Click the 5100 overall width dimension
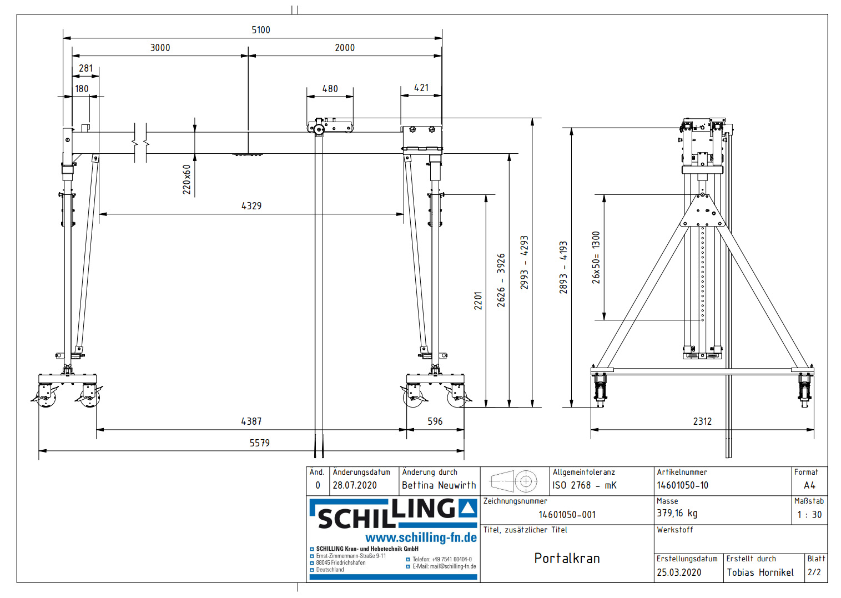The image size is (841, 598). coord(260,30)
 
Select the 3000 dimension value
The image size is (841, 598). coord(160,48)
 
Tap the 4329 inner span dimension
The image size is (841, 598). coord(251,206)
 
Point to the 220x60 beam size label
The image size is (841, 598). coord(187,179)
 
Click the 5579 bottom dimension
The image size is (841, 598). coord(259,443)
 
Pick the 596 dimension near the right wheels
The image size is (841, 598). coord(435,421)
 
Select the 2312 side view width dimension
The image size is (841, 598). coord(702,421)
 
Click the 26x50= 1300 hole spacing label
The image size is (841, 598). coord(596,258)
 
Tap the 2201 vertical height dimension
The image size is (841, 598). coord(478,300)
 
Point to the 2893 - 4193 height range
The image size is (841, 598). coord(563,267)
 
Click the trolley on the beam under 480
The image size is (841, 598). coord(331,126)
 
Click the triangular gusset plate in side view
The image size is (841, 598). coord(703,212)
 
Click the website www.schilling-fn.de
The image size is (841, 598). coord(421,537)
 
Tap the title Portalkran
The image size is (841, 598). coord(567,558)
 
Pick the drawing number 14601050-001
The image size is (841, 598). coord(567,515)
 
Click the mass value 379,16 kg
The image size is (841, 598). coord(677,513)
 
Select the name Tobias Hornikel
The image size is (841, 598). coord(760,572)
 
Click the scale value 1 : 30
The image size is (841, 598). coord(809,515)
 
